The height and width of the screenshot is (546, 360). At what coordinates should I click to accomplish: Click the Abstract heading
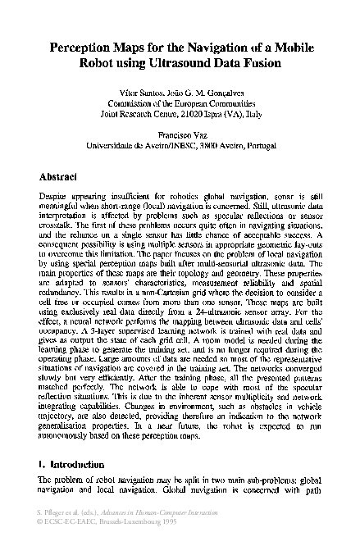(x=58, y=176)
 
